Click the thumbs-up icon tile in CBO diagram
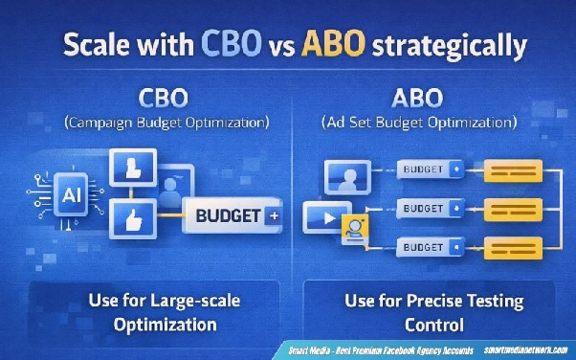point(127,217)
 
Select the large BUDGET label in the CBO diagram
point(228,216)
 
